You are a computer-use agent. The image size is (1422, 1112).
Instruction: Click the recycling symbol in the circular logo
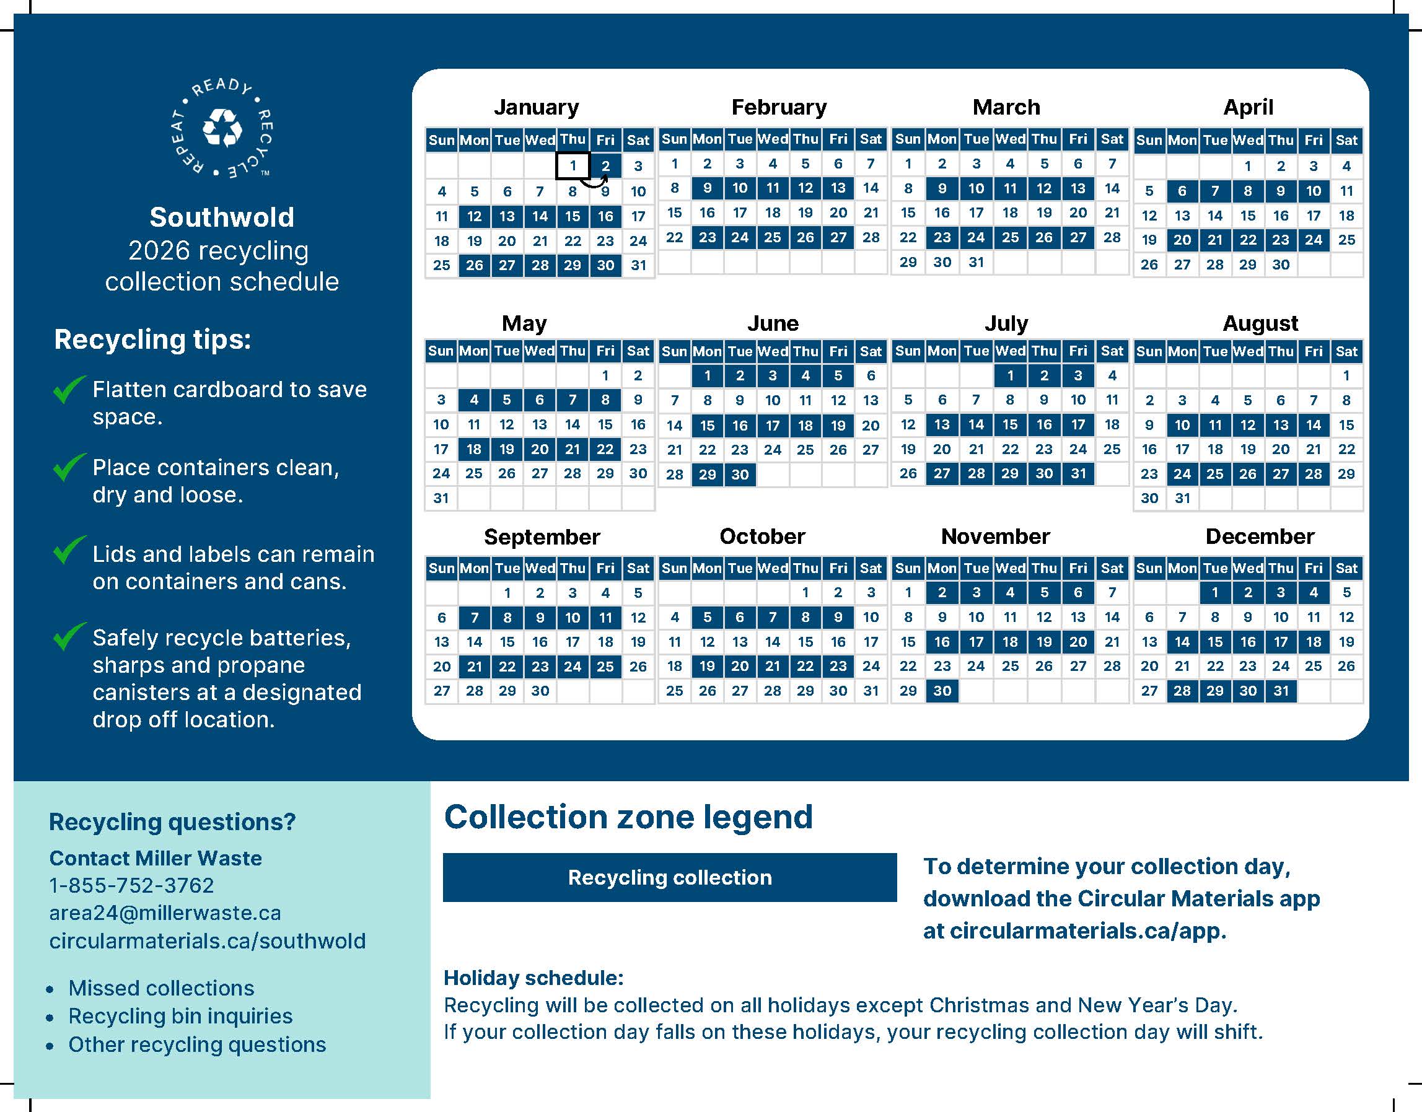tap(222, 128)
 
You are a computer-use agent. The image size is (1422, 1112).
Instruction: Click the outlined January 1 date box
tap(573, 165)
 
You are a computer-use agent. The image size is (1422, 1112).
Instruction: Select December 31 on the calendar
tap(1281, 691)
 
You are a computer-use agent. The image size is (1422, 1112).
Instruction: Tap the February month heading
tap(779, 107)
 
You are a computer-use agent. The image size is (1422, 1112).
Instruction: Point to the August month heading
tap(1260, 323)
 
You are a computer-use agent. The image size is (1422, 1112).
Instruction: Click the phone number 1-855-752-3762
tap(131, 885)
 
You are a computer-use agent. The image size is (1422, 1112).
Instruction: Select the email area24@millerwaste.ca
tap(165, 913)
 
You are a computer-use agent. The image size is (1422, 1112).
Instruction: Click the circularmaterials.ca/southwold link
tap(207, 941)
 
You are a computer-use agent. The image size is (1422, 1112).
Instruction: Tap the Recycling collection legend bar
tap(669, 877)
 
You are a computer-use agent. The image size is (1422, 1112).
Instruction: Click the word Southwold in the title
tap(222, 217)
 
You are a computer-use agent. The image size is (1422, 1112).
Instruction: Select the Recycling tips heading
tap(152, 339)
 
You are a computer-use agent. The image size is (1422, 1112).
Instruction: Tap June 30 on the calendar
tap(740, 475)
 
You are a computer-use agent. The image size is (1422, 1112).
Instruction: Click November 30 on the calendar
tap(942, 691)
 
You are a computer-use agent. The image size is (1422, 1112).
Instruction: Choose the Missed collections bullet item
tap(161, 987)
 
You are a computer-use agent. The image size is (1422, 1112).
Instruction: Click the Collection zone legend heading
tap(628, 816)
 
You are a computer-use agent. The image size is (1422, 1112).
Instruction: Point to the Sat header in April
tap(1346, 140)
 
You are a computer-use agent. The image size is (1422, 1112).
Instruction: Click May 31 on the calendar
tap(441, 499)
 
